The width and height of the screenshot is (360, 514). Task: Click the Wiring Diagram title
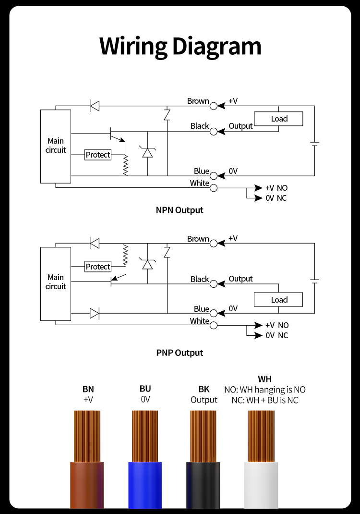click(180, 47)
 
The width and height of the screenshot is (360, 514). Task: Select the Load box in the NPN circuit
click(278, 119)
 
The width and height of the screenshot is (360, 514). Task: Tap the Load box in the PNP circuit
click(278, 300)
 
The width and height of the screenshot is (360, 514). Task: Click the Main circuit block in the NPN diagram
click(56, 146)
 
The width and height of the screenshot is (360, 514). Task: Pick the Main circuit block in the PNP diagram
click(56, 283)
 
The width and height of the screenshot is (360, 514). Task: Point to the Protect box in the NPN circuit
click(98, 155)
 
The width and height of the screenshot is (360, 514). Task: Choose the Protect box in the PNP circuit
click(98, 267)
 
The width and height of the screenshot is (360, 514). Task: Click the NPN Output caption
click(180, 210)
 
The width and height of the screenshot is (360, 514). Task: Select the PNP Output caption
click(180, 353)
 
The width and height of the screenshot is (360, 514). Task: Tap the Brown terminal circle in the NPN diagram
click(214, 106)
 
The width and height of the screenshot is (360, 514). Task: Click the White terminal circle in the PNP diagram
click(214, 325)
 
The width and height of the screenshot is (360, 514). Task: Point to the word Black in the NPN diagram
click(200, 126)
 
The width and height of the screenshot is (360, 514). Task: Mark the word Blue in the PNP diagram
click(201, 309)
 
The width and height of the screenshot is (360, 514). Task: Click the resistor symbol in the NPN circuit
click(125, 165)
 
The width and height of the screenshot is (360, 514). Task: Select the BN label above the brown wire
click(88, 389)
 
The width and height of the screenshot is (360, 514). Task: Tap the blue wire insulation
click(145, 485)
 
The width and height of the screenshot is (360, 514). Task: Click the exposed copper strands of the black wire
click(203, 436)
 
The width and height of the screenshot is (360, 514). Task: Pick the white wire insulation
click(261, 485)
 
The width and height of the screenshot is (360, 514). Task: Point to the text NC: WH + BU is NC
click(264, 400)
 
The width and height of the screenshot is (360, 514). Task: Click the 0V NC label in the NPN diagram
click(276, 198)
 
